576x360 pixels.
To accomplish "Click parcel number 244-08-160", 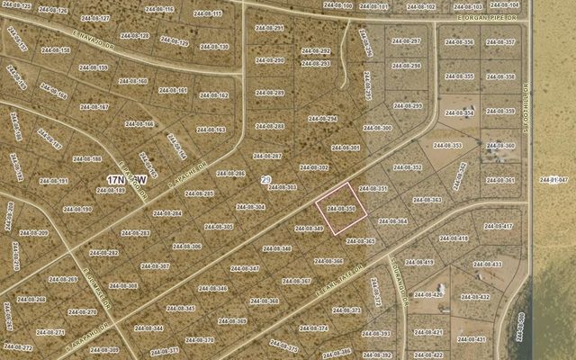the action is tap(132, 81).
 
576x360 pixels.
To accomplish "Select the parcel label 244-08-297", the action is tap(407, 41).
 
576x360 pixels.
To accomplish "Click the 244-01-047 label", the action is tap(553, 180).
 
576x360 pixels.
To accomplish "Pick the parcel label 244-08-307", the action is tap(157, 266).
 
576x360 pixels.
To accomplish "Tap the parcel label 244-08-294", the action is tap(322, 119).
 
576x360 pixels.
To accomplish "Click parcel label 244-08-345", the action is tap(181, 309).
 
